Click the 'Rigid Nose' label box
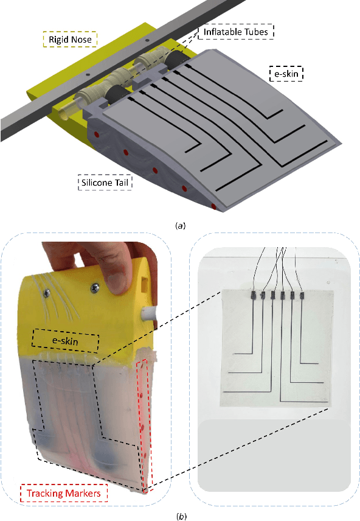click(70, 39)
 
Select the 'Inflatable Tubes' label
click(236, 32)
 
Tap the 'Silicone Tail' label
click(105, 183)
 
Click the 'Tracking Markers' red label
click(64, 493)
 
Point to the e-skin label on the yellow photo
click(65, 341)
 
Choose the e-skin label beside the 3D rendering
click(286, 74)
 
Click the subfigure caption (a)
click(181, 226)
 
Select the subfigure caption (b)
click(181, 516)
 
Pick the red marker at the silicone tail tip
click(214, 207)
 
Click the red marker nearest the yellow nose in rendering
click(97, 135)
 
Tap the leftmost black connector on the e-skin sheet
click(253, 295)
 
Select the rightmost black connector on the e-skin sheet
click(302, 295)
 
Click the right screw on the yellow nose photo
click(95, 285)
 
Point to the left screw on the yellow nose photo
click(47, 292)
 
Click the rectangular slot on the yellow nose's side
click(145, 284)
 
